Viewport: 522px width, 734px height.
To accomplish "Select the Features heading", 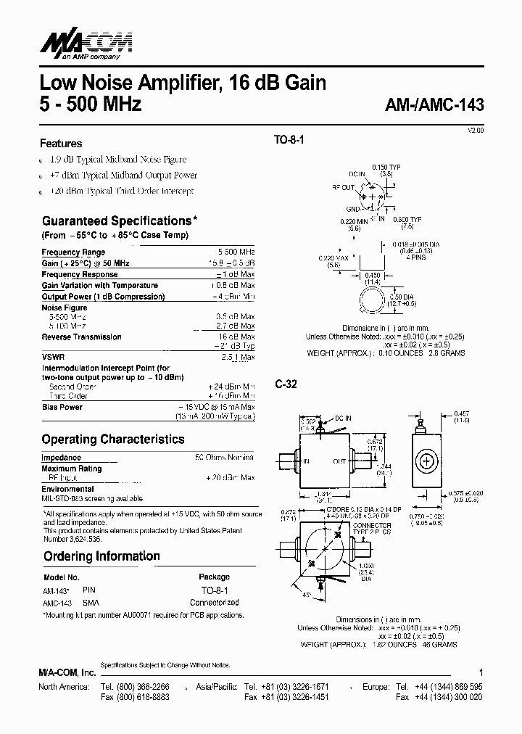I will click(x=61, y=144).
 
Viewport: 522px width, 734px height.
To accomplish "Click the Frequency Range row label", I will click(x=73, y=252).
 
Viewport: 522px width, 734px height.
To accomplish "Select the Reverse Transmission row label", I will click(x=81, y=337).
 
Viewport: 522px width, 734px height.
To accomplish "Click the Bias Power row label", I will click(x=62, y=407).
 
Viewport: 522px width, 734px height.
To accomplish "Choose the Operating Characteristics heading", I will click(x=112, y=439).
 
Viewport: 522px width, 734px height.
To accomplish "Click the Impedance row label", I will click(x=61, y=458).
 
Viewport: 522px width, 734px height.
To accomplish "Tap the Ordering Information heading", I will click(x=101, y=556).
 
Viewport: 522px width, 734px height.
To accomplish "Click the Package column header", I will click(x=214, y=577).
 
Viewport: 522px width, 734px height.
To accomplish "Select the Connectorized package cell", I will click(x=214, y=603).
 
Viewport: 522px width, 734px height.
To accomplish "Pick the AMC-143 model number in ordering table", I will click(x=59, y=603).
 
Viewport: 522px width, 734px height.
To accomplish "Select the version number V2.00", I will click(x=475, y=129).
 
